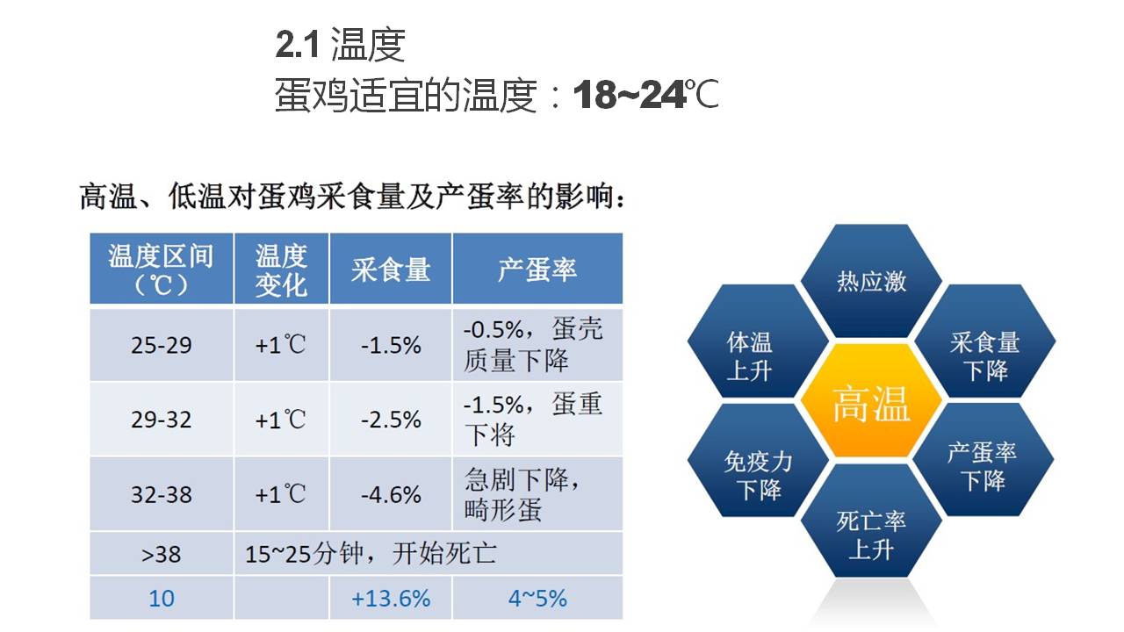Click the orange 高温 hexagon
tap(871, 401)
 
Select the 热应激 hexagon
tap(871, 281)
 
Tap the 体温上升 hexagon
tap(758, 341)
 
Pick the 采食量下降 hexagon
tap(984, 341)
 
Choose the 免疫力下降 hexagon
tap(758, 460)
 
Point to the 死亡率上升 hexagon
tap(871, 521)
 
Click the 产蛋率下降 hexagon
tap(983, 459)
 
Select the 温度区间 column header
tap(161, 269)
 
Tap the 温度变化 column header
tap(281, 269)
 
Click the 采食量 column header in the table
tap(391, 269)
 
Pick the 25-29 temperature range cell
tap(161, 345)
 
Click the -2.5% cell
tap(391, 420)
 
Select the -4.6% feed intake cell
tap(391, 494)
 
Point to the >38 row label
tap(161, 554)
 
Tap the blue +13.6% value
tap(391, 598)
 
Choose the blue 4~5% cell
tap(537, 598)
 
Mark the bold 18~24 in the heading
tap(630, 94)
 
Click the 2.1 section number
tap(297, 45)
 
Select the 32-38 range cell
tap(161, 494)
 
